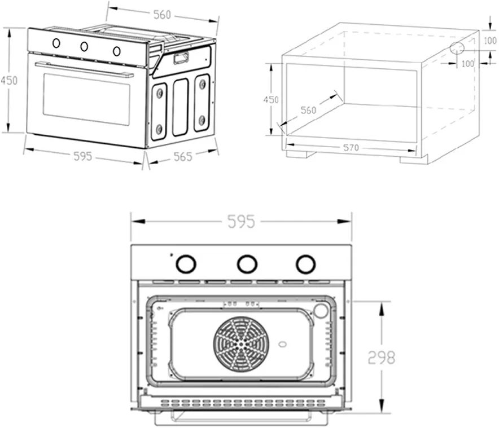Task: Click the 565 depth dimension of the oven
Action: [183, 157]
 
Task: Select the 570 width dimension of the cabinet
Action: [351, 148]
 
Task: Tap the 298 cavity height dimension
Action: [382, 357]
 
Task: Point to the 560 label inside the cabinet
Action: [308, 111]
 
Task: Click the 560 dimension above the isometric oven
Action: [162, 15]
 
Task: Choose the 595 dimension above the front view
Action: [242, 222]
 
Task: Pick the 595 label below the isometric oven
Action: [82, 156]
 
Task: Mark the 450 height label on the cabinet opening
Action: [272, 99]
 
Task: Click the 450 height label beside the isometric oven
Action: [8, 81]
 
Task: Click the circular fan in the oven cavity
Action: [241, 342]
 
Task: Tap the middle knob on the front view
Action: [246, 263]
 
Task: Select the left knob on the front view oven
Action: [186, 263]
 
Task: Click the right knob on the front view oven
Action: [305, 263]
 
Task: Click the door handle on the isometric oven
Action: [85, 70]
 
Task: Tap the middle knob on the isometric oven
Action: [85, 47]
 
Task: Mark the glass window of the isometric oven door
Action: [86, 99]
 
